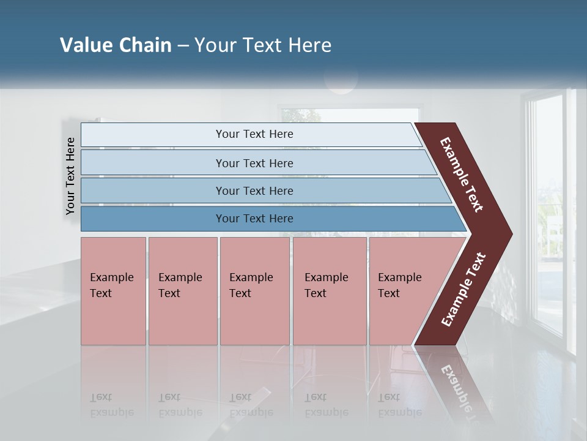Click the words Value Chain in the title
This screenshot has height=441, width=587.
click(116, 45)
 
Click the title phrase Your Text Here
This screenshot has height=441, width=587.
click(263, 45)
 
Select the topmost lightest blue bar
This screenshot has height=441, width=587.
click(254, 134)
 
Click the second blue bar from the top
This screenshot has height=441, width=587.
click(254, 163)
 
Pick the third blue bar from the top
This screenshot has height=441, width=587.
click(254, 190)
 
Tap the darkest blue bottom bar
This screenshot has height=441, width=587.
click(254, 219)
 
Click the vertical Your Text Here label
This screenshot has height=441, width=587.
click(70, 176)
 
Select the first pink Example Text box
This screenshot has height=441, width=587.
click(113, 291)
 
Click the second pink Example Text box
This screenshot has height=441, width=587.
click(183, 291)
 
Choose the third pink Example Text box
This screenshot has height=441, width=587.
click(254, 291)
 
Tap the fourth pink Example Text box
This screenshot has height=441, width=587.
click(330, 291)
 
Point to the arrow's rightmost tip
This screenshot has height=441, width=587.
click(511, 234)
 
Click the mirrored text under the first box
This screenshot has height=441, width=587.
click(111, 405)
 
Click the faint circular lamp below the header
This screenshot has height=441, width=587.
click(341, 79)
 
